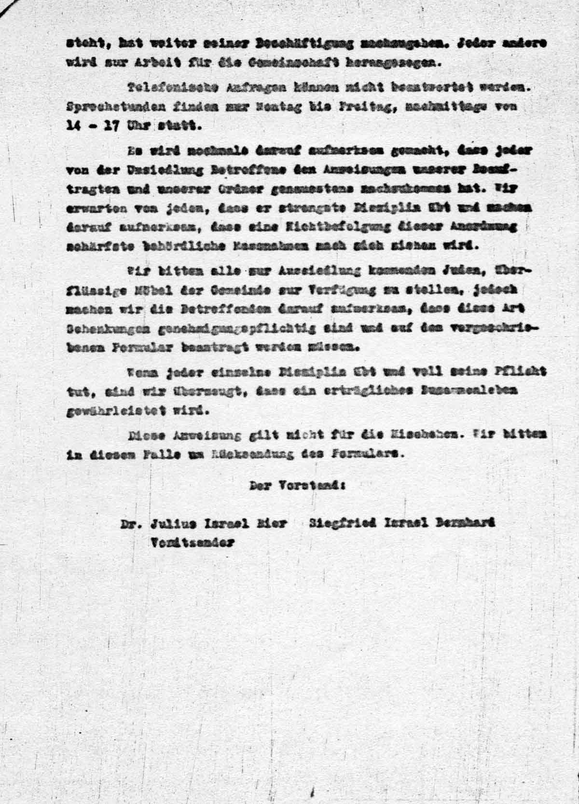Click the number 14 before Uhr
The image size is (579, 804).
[74, 125]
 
